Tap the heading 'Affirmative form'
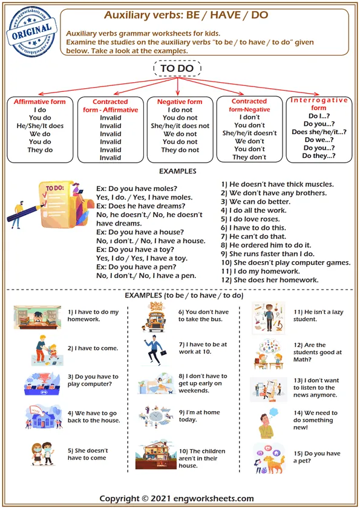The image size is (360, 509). (40, 102)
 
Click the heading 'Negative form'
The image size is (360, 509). (180, 102)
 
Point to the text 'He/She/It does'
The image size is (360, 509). (40, 126)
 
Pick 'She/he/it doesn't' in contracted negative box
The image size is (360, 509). (249, 134)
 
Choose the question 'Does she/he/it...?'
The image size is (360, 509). (318, 132)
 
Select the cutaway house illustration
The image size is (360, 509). (155, 457)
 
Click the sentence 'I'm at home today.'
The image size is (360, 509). (200, 415)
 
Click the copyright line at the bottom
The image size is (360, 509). (177, 499)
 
